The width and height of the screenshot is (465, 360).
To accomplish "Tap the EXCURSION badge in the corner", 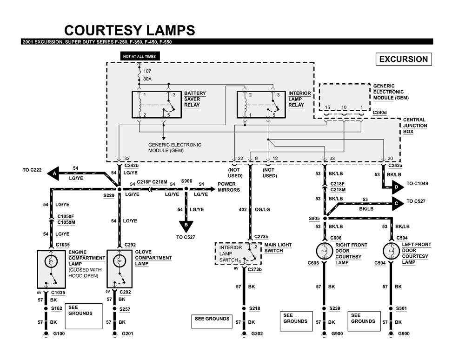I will (x=403, y=60).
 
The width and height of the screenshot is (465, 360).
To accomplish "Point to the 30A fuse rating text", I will (x=147, y=79).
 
